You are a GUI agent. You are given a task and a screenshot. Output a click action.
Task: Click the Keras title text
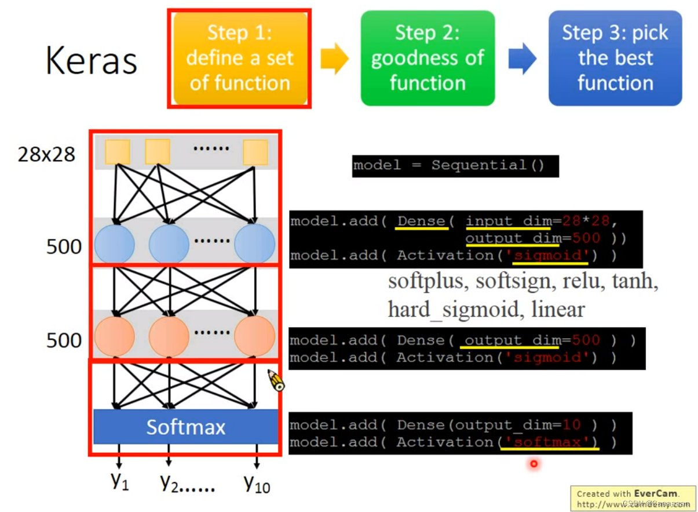click(91, 60)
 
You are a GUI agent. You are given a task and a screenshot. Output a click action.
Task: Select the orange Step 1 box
click(239, 58)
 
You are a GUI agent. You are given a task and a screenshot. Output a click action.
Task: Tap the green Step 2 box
click(427, 58)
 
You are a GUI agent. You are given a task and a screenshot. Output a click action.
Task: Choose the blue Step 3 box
click(615, 58)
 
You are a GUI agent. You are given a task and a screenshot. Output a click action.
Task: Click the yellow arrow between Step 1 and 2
click(334, 59)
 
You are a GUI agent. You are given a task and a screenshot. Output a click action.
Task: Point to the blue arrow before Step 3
click(522, 59)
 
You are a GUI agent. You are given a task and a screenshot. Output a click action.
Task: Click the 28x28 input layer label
click(46, 155)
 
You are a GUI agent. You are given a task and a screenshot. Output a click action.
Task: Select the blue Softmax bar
click(185, 427)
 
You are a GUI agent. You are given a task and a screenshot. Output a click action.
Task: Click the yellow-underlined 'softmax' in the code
click(548, 442)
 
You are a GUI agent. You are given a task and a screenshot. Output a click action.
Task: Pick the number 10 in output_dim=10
click(571, 425)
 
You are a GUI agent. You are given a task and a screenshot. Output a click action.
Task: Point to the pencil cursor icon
click(276, 380)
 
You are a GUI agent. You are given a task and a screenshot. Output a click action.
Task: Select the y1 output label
click(119, 481)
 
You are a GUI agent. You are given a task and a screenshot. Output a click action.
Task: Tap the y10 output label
click(256, 482)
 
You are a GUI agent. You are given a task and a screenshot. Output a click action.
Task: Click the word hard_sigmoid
click(452, 310)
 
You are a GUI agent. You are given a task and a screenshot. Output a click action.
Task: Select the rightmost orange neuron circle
click(254, 336)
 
